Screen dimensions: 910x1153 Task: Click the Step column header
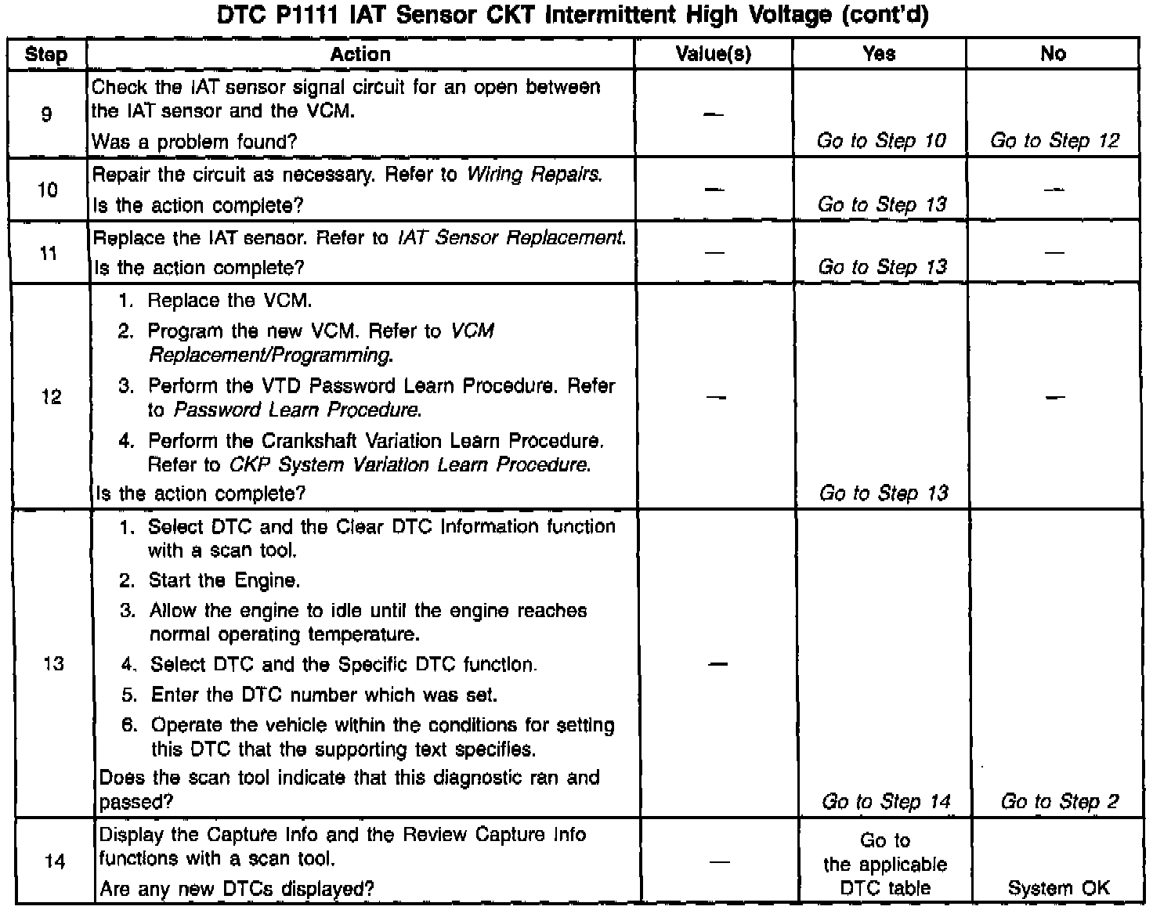46,54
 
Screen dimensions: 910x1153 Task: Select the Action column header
360,54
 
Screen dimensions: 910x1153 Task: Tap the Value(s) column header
713,54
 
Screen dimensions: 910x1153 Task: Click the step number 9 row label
46,114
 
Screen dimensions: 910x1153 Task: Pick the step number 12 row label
51,397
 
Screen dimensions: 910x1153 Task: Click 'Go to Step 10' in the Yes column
881,141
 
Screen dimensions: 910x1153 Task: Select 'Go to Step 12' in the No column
1054,141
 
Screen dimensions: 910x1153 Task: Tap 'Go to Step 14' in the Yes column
885,802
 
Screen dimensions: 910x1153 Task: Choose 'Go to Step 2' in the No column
1059,802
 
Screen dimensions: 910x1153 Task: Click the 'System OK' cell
1058,888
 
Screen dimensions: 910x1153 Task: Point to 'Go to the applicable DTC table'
885,865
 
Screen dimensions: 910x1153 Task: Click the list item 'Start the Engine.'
225,581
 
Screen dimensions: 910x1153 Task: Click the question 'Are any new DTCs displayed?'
237,889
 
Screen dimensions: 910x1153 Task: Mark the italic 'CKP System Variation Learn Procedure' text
409,465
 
